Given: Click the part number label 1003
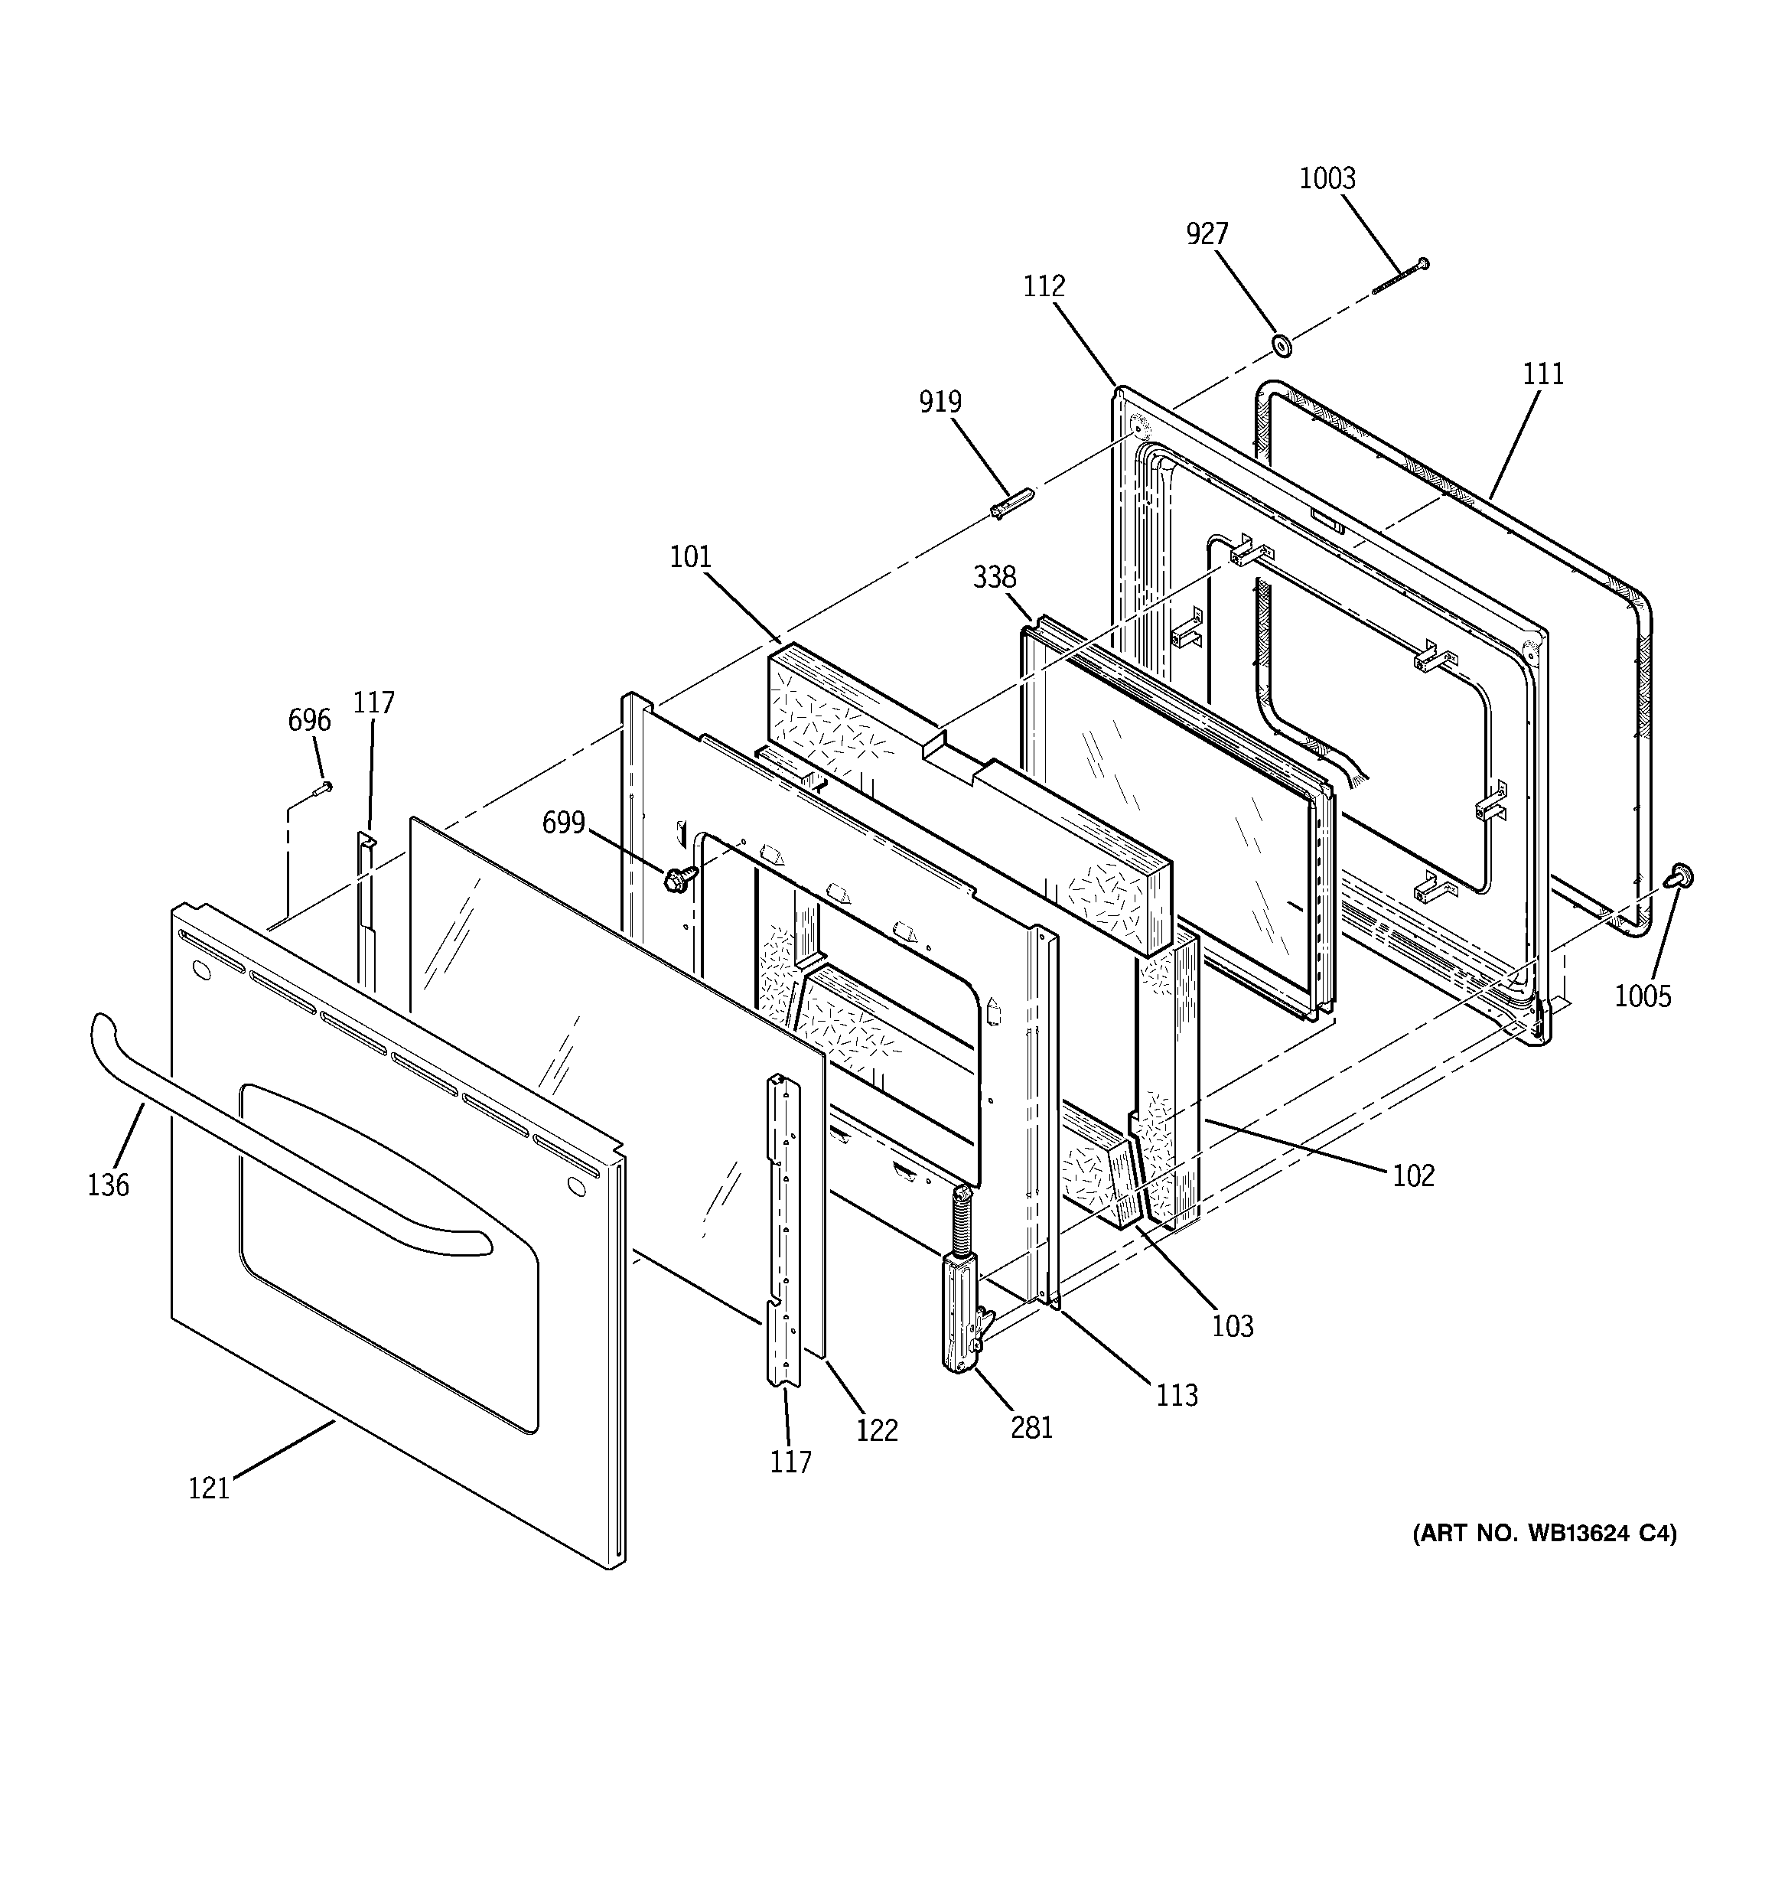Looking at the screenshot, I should (1327, 178).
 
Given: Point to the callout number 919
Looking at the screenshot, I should (940, 402).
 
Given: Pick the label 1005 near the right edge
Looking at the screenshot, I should (1643, 996).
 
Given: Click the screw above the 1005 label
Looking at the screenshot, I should (1681, 875).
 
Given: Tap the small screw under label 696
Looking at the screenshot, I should (323, 787).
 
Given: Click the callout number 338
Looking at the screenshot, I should (995, 576).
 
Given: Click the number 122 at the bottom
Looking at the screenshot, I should (877, 1430).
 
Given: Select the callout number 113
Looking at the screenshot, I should (1177, 1395).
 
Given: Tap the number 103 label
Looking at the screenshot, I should (1232, 1325).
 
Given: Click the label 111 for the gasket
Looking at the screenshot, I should (1542, 373).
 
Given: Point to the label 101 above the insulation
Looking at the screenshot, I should (690, 556).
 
